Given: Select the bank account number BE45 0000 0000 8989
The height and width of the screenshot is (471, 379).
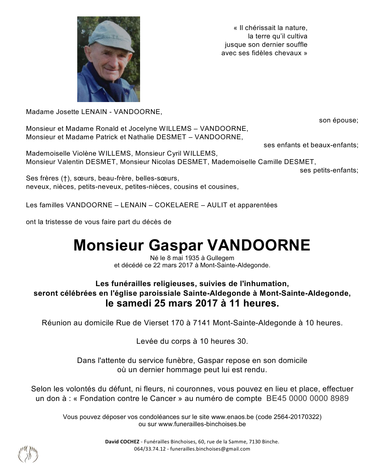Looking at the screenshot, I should pyautogui.click(x=307, y=399).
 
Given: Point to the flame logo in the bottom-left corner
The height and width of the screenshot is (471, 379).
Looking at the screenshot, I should pyautogui.click(x=28, y=454).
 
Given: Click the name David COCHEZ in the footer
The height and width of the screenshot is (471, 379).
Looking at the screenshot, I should pyautogui.click(x=122, y=442).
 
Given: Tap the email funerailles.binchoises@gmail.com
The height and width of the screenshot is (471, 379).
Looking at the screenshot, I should pyautogui.click(x=210, y=449).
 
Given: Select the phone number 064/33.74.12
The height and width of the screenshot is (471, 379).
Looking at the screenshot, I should pyautogui.click(x=150, y=449).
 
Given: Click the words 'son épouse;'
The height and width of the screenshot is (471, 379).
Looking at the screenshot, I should pyautogui.click(x=339, y=120).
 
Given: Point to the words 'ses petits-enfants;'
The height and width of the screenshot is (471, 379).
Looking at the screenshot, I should pyautogui.click(x=329, y=170).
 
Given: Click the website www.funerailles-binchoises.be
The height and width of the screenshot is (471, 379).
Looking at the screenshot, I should pyautogui.click(x=202, y=424).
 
